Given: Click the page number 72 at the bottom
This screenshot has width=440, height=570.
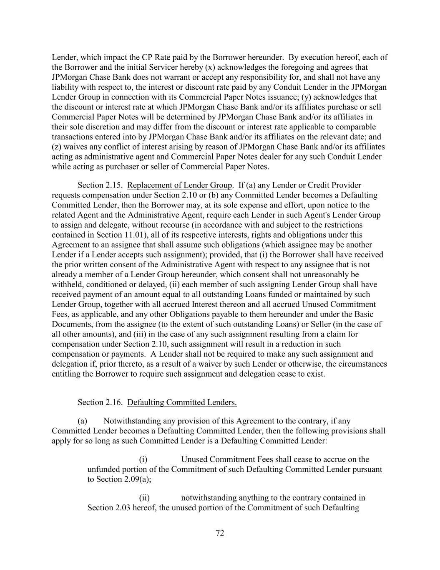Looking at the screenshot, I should [x=220, y=533].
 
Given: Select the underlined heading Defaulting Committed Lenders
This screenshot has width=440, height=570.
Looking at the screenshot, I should [x=182, y=402].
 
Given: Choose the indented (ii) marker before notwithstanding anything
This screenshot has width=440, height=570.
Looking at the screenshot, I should [x=144, y=498].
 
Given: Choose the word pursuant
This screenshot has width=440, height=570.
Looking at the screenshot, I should [x=365, y=469].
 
